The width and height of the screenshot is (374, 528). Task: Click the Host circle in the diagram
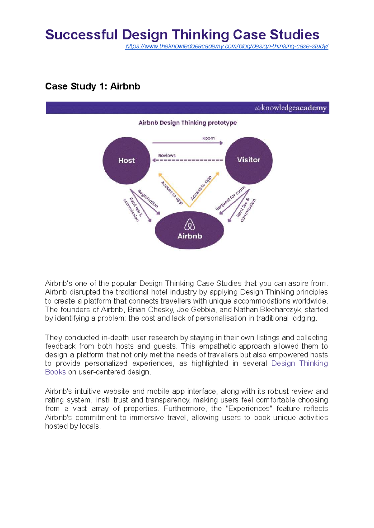[x=126, y=161]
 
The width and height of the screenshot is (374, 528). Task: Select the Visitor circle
[x=248, y=160]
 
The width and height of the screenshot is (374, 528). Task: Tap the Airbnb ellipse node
[x=189, y=230]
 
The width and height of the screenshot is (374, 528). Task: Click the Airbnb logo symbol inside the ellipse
[x=189, y=224]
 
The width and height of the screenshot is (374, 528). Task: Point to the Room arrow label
[x=209, y=138]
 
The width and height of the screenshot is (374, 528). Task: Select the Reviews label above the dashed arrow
[x=167, y=155]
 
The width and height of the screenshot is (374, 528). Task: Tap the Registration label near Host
[x=148, y=199]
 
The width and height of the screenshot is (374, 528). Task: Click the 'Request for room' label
[x=230, y=198]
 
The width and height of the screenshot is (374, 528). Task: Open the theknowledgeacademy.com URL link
[x=227, y=46]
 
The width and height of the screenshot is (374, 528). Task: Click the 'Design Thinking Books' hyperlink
[x=299, y=363]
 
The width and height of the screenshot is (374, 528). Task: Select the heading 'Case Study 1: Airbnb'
[x=93, y=86]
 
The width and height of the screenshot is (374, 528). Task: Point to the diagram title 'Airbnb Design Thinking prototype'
[x=187, y=123]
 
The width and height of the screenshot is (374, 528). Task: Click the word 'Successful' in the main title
[x=81, y=35]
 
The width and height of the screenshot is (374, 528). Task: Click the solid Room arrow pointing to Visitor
[x=187, y=143]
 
